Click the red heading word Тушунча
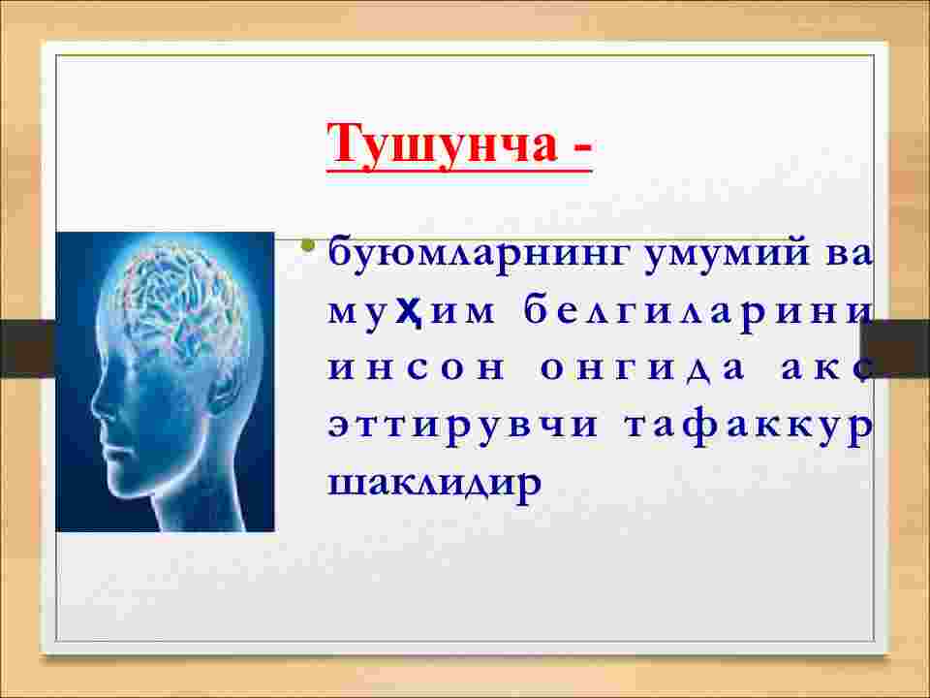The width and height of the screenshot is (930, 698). pos(442,144)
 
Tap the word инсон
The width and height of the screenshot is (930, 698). pos(416,369)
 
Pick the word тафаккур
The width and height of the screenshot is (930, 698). pos(749,428)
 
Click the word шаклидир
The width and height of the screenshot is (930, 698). pos(435,482)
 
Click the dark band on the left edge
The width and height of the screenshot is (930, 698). pos(27,348)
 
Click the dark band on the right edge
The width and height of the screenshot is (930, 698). pos(895,348)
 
